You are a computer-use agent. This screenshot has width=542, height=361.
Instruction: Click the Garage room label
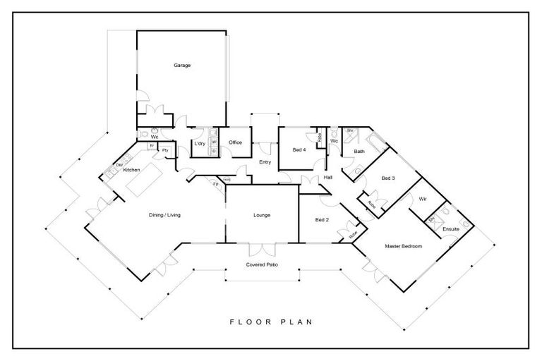coord(183,66)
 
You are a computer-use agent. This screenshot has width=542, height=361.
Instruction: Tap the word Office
coord(235,142)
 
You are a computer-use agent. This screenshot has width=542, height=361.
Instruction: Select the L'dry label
coord(199,144)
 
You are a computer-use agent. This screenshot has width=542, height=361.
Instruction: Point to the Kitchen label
coord(132,170)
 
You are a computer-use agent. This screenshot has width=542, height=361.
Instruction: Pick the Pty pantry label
coord(165,150)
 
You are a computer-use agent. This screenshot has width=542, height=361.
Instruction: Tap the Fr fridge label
coord(152,145)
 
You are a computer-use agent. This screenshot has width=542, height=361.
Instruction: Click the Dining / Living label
coord(164,215)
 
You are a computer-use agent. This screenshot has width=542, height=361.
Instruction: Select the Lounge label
coord(262,215)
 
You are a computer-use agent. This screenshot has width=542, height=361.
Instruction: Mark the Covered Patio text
coord(261,264)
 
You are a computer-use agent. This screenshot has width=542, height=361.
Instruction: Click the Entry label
coord(265,163)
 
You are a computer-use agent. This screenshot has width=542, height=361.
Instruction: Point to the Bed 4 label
coord(299,150)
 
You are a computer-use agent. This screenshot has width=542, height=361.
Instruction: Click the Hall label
coord(328,177)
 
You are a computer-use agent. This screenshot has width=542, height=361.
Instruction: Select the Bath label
coord(359,152)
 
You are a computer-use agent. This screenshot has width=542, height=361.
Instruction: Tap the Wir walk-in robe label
coord(423,200)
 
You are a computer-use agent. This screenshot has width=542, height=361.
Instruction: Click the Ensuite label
coord(451,229)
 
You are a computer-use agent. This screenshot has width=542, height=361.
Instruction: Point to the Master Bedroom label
coord(403,246)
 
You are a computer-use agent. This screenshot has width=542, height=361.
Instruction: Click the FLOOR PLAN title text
coord(270,322)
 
